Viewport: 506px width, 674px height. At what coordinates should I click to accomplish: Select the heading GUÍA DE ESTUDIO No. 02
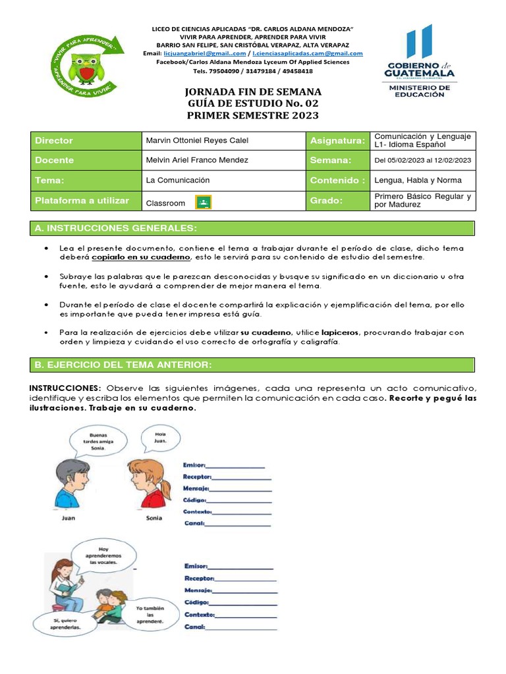(254, 103)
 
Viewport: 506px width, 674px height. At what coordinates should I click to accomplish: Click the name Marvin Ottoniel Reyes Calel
(197, 141)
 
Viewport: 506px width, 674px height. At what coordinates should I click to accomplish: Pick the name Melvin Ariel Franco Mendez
(197, 161)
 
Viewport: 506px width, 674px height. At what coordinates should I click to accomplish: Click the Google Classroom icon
(204, 203)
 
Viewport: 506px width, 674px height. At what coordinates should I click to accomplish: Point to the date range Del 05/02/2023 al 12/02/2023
(422, 161)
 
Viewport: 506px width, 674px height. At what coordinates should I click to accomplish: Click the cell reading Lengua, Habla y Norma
(418, 180)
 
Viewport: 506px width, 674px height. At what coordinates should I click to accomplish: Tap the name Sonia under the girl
(154, 518)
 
